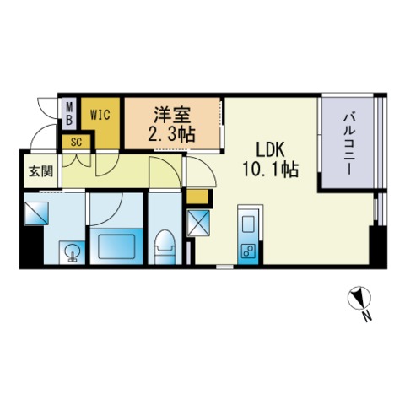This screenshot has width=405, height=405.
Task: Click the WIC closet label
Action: coord(100,115)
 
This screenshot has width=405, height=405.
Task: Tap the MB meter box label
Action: coord(69,114)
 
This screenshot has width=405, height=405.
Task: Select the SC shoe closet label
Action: coord(76,143)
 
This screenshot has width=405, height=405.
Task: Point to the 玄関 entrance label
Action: coord(41,171)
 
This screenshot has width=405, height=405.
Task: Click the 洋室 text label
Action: coord(172,116)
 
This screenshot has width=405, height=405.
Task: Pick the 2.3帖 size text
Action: coord(171,134)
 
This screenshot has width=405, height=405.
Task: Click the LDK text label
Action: coord(270,150)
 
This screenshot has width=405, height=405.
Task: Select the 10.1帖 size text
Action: coord(270,170)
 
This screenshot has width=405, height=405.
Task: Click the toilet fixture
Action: coord(165,246)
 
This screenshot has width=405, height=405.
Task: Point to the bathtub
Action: coord(116,246)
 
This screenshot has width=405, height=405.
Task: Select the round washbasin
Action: coord(73,251)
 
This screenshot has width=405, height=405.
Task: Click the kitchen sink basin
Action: coord(248,224)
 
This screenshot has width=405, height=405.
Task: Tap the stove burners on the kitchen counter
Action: coord(248,251)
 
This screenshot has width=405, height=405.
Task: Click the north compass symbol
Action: coord(359,298)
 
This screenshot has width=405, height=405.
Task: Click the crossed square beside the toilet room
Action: coord(198,223)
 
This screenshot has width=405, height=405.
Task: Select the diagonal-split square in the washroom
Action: coord(36,213)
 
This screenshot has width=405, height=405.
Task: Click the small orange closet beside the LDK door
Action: coord(197,197)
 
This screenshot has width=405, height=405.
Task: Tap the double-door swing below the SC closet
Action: coord(76,161)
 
